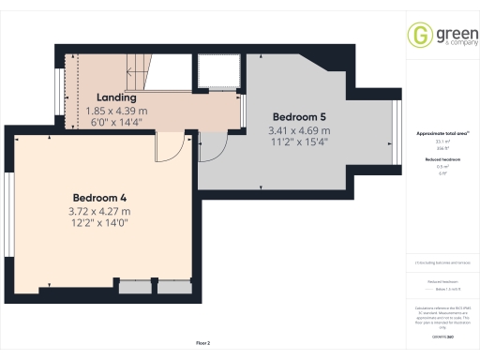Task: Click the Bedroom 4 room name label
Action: pyautogui.click(x=99, y=198)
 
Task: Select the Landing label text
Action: pyautogui.click(x=116, y=97)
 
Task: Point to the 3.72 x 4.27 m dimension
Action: pyautogui.click(x=99, y=212)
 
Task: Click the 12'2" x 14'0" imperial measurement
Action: pyautogui.click(x=99, y=225)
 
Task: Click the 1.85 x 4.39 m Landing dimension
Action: pyautogui.click(x=116, y=110)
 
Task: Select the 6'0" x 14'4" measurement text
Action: pyautogui.click(x=116, y=122)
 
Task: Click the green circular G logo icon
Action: pyautogui.click(x=419, y=35)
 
